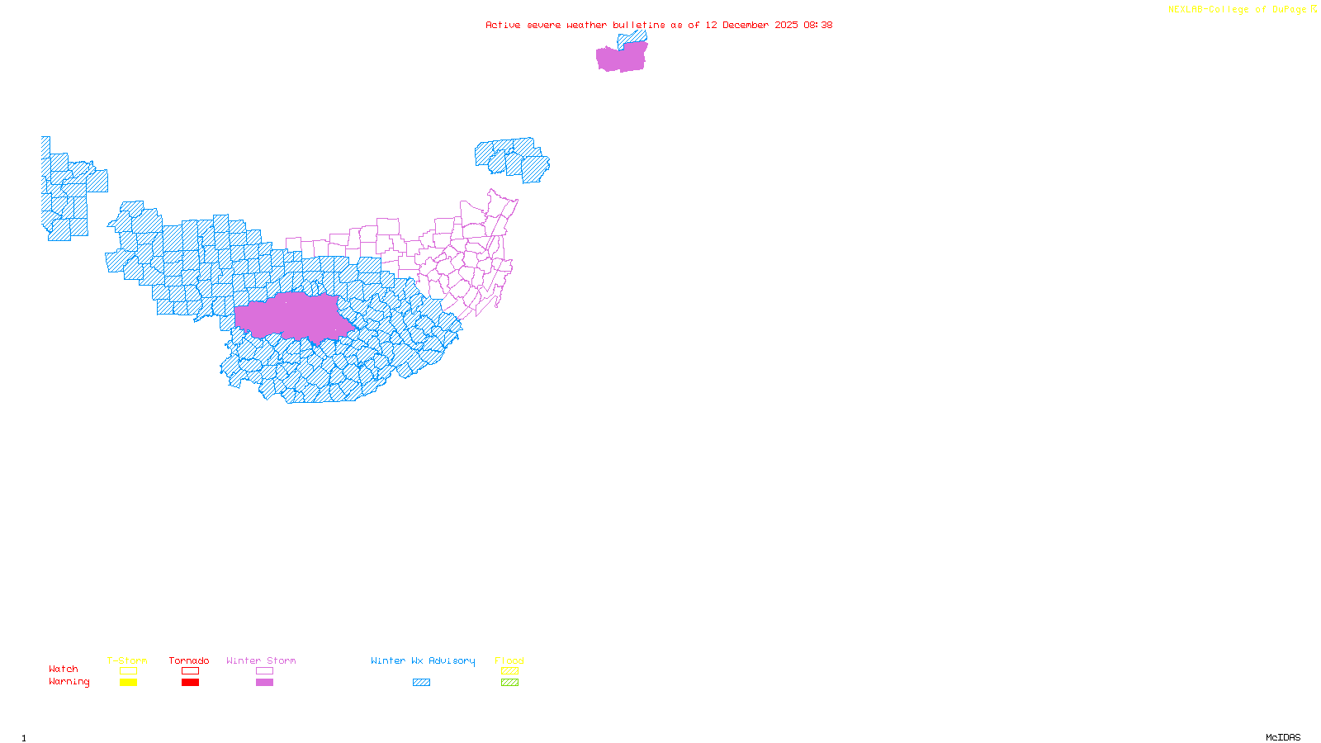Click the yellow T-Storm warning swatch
128,683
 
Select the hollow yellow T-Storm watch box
128,671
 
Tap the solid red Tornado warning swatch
190,683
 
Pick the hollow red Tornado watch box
190,671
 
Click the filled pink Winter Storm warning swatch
264,683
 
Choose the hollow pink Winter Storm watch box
264,671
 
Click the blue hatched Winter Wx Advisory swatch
421,683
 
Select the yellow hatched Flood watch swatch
509,671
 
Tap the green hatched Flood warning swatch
509,683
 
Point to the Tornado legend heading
189,660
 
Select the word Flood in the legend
509,660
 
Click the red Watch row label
64,669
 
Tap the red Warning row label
69,682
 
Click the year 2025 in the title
786,25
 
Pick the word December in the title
746,25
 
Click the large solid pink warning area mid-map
293,316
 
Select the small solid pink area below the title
621,58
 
